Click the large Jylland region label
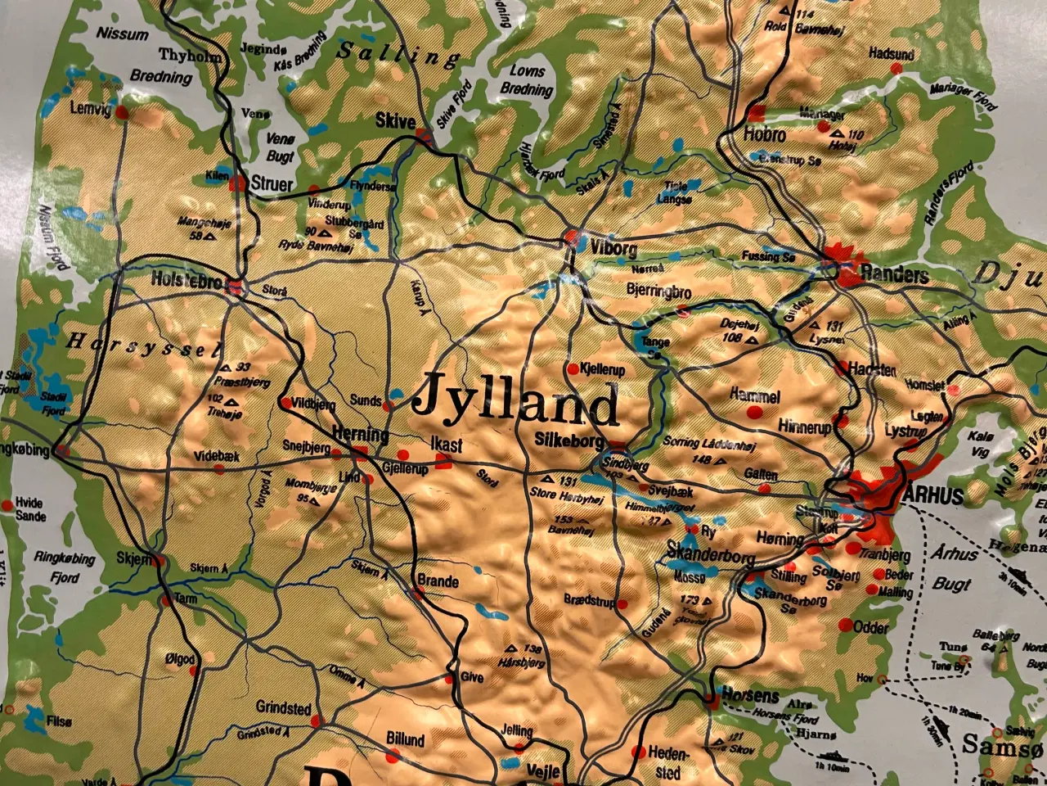(x=515, y=400)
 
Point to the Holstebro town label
(x=186, y=280)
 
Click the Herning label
(x=360, y=434)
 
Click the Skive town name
(x=395, y=120)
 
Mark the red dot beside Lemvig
(x=122, y=111)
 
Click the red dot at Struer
(x=237, y=183)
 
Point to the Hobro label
(x=765, y=135)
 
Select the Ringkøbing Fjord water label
(x=65, y=567)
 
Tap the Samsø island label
(x=991, y=745)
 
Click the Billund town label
(x=405, y=740)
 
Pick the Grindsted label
(x=283, y=707)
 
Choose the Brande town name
(x=438, y=581)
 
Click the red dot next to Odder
(x=846, y=626)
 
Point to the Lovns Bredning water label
(x=527, y=80)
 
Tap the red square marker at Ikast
(x=443, y=462)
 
